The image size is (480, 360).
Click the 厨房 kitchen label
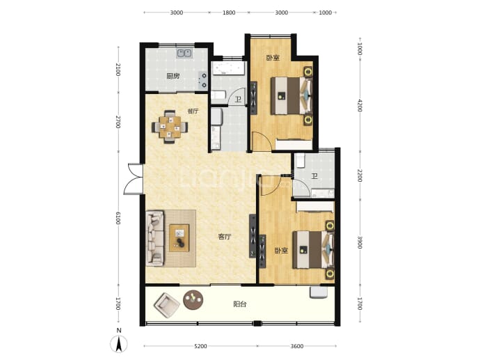pyautogui.click(x=173, y=77)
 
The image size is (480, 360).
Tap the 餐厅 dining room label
pyautogui.click(x=193, y=111)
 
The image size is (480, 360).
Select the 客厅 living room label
pyautogui.click(x=225, y=237)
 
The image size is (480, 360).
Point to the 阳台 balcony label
pyautogui.click(x=240, y=304)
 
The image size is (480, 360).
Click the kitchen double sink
pyautogui.click(x=184, y=54)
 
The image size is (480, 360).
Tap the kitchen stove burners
pyautogui.click(x=202, y=80)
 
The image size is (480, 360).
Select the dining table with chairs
pyautogui.click(x=170, y=127)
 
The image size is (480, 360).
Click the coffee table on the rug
pyautogui.click(x=179, y=237)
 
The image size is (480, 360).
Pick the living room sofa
pyautogui.click(x=154, y=237)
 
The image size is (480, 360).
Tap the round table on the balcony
pyautogui.click(x=193, y=299)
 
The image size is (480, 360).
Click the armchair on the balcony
pyautogui.click(x=166, y=305)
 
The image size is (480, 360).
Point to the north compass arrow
pyautogui.click(x=119, y=344)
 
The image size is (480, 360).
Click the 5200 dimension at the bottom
pyautogui.click(x=200, y=346)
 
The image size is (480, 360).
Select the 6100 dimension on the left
pyautogui.click(x=118, y=218)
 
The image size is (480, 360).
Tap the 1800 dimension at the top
pyautogui.click(x=229, y=13)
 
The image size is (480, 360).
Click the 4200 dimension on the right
pyautogui.click(x=360, y=105)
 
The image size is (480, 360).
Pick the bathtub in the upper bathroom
pyautogui.click(x=229, y=68)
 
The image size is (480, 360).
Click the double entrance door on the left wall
pyautogui.click(x=134, y=179)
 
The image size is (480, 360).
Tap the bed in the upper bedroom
pyautogui.click(x=291, y=95)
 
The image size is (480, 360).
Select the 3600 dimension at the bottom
pyautogui.click(x=296, y=346)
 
